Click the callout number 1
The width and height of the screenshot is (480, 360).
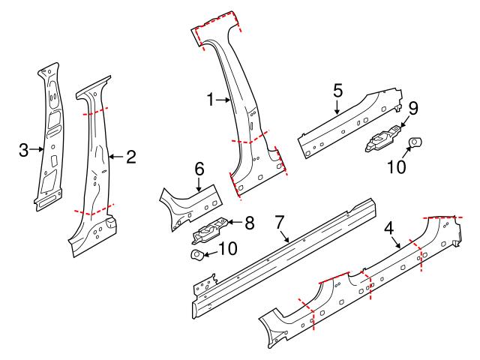tap(211, 99)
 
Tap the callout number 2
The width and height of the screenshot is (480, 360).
tap(130, 157)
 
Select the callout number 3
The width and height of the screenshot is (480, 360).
tap(24, 150)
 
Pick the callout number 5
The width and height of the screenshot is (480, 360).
tap(337, 91)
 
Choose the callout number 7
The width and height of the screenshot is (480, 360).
tap(279, 222)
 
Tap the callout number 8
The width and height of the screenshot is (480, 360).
tap(250, 222)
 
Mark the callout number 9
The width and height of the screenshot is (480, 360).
tap(412, 107)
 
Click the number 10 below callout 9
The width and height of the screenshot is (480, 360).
tap(396, 166)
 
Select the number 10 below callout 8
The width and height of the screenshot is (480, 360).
tap(227, 247)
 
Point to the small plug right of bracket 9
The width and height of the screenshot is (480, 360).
tap(414, 142)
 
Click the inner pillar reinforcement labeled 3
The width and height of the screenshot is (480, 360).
tap(50, 135)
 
